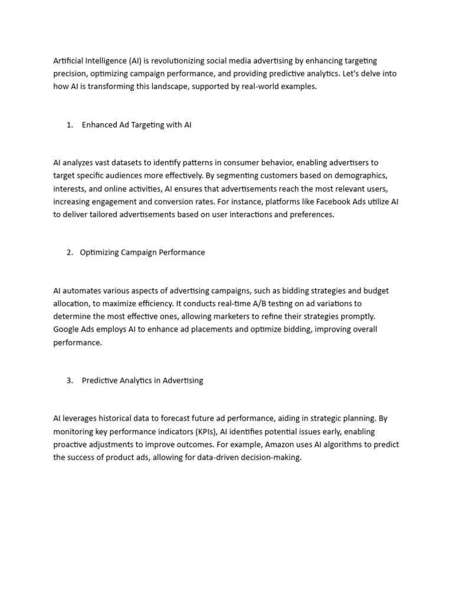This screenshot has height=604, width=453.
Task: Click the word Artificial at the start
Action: (69, 61)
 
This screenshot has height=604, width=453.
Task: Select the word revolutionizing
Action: (175, 61)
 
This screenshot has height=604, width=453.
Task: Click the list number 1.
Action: (69, 125)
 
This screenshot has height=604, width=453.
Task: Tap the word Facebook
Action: (325, 202)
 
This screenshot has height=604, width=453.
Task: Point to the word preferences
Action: (311, 215)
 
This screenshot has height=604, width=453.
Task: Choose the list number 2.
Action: (69, 252)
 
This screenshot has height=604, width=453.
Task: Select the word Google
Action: (67, 329)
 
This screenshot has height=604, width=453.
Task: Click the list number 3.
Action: (69, 380)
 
